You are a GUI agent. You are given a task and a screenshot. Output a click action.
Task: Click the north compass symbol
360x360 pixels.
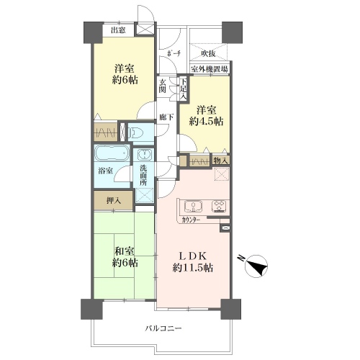point(256,266)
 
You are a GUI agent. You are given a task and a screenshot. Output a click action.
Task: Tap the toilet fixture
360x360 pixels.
point(136,132)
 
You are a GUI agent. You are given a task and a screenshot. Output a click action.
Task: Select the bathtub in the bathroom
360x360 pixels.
point(112,153)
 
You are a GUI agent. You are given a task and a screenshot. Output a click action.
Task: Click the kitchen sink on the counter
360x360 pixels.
point(193,206)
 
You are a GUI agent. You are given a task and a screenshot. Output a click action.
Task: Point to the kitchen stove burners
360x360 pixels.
point(219,207)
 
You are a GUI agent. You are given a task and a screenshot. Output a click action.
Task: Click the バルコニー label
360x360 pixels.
point(163,328)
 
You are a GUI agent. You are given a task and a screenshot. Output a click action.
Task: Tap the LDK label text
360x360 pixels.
point(193,256)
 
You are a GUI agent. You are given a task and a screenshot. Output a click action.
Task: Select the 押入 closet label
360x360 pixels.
point(114,201)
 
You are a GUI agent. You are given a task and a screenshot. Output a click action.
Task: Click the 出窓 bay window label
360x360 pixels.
point(118,30)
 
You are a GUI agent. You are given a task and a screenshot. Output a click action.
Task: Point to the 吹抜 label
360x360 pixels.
point(208,54)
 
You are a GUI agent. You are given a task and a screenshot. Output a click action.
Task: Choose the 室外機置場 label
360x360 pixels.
point(210,69)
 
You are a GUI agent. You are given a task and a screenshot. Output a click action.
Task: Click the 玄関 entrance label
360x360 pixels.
point(163,86)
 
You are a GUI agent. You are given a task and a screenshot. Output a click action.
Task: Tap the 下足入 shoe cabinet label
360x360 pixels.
point(184,89)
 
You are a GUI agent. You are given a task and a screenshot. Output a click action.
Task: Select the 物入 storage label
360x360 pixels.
point(220,161)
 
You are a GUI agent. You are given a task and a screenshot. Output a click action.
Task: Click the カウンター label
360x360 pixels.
point(191,220)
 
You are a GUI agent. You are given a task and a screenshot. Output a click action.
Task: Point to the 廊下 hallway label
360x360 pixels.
point(166,117)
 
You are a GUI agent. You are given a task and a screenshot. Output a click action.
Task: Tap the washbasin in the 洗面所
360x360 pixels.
point(144,154)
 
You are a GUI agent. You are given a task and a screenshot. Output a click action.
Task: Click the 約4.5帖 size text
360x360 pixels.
point(206,122)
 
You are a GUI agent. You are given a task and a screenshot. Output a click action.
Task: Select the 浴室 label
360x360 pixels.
point(106,171)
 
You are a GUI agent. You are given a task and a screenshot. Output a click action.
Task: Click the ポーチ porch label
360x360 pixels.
point(174,54)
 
